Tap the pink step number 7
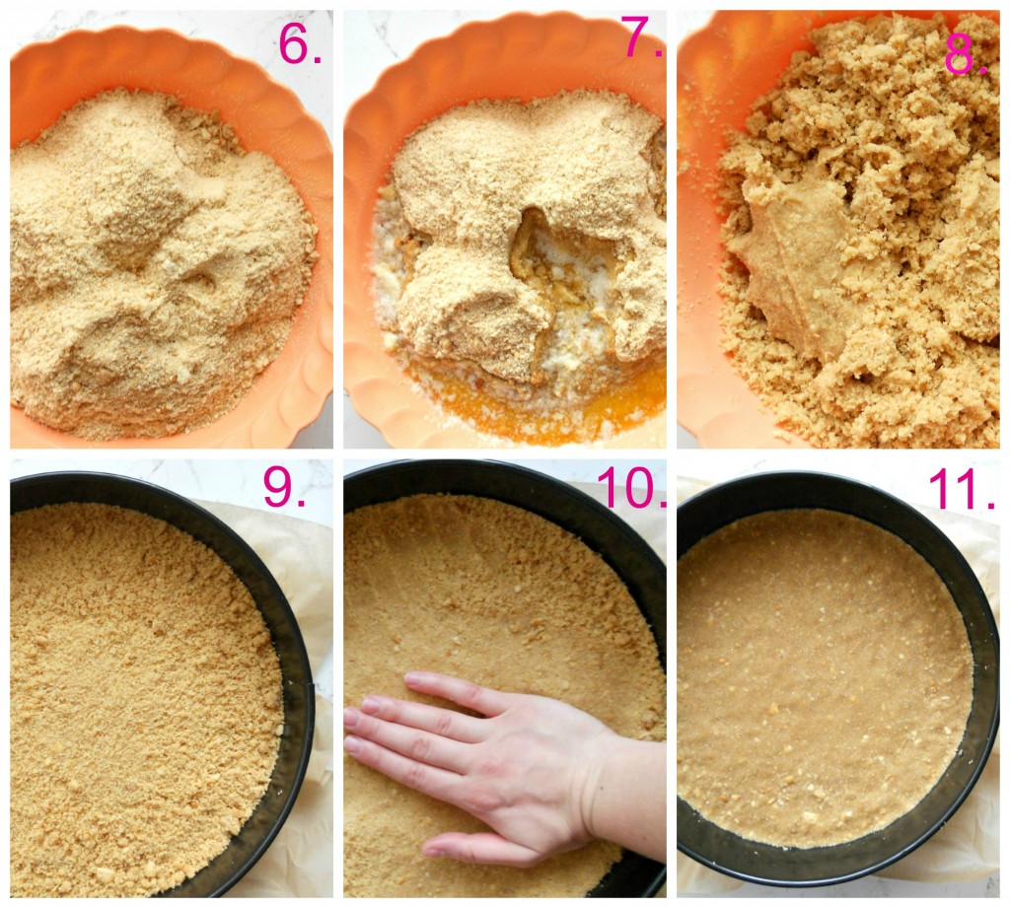point(639,36)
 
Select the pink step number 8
point(965,54)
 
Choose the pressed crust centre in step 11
point(825,676)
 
